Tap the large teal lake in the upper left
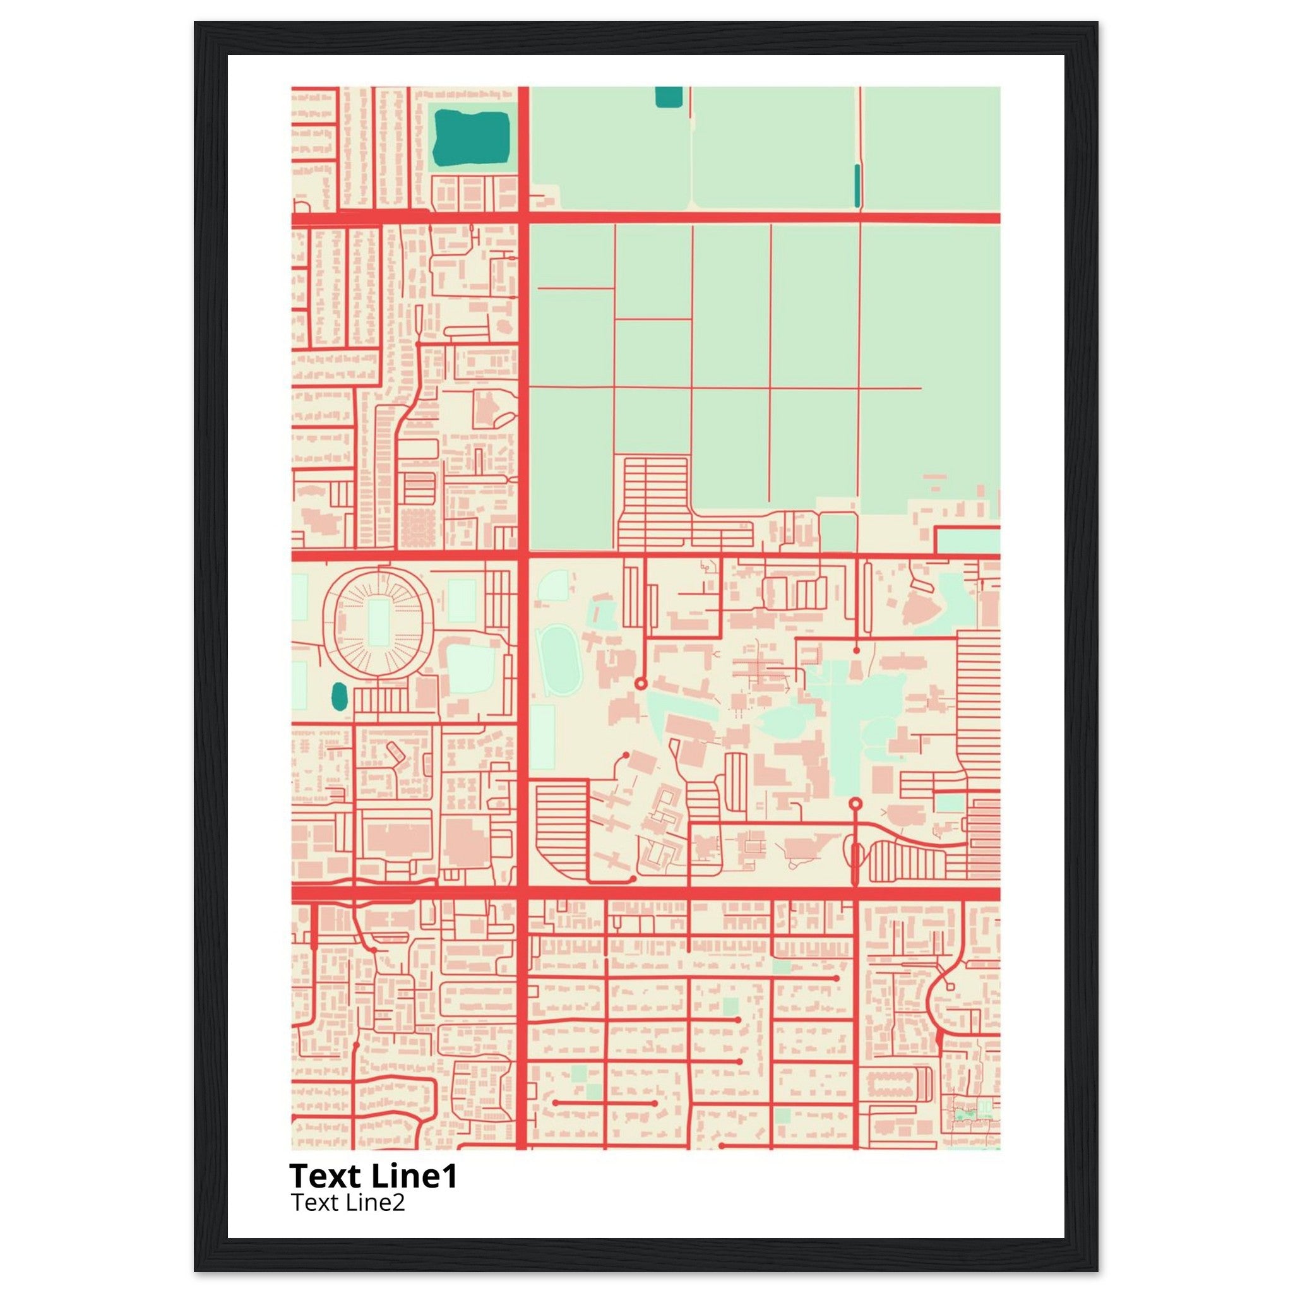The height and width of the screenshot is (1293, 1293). pyautogui.click(x=471, y=138)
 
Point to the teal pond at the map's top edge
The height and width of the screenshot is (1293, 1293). pyautogui.click(x=667, y=97)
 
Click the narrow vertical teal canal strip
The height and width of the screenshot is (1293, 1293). pyautogui.click(x=857, y=186)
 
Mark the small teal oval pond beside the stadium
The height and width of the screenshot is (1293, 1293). pyautogui.click(x=339, y=697)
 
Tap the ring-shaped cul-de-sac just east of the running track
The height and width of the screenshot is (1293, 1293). pyautogui.click(x=640, y=683)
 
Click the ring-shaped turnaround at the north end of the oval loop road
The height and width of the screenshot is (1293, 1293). pyautogui.click(x=855, y=803)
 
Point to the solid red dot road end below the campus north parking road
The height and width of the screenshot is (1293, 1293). pyautogui.click(x=857, y=650)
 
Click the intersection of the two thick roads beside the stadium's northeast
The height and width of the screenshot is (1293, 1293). pyautogui.click(x=523, y=555)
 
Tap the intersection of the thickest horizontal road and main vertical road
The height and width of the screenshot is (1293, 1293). pyautogui.click(x=523, y=893)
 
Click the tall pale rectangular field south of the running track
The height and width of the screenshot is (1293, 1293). pyautogui.click(x=542, y=736)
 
